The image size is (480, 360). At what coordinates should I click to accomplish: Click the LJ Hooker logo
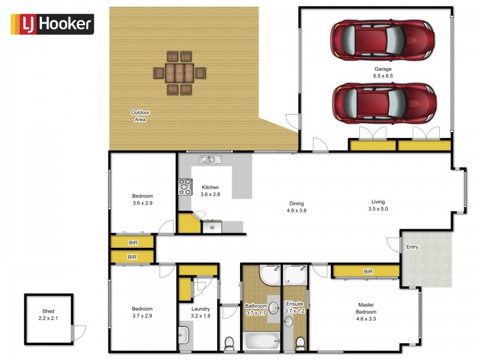tap(52, 24)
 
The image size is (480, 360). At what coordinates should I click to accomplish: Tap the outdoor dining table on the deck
tap(179, 73)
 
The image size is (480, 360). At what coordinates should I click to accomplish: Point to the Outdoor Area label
tap(140, 116)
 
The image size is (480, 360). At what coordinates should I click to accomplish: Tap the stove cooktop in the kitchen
tap(184, 187)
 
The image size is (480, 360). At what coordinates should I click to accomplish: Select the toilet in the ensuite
tap(299, 343)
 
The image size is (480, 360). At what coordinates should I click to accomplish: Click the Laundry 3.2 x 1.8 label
tap(200, 313)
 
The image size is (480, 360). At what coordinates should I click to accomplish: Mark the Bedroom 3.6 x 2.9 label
tap(142, 200)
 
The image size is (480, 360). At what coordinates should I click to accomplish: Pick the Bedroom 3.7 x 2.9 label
tap(142, 313)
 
